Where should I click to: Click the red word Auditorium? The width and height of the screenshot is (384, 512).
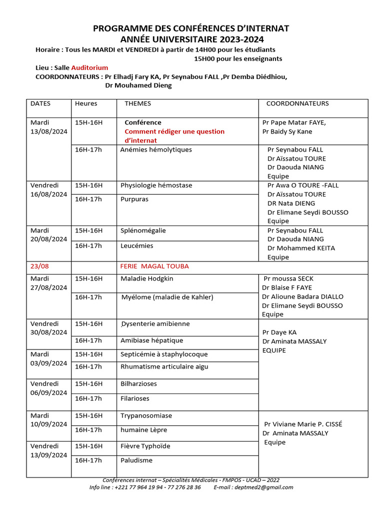coord(89,67)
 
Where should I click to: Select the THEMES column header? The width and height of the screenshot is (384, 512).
coord(137,103)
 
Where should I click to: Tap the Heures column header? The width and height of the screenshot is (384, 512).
coord(86,103)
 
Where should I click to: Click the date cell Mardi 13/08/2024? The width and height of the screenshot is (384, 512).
coord(49,127)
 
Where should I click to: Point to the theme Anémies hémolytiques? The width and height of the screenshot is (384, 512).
coord(156,149)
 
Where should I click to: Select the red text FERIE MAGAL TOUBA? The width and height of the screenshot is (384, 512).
coord(154,266)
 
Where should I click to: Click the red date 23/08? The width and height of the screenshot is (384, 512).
coord(40,266)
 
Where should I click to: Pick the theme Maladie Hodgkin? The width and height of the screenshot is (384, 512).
coord(147,278)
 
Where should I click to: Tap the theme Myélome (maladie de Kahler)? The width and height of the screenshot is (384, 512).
coord(167,297)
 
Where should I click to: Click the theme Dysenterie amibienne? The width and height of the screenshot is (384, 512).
coord(155,323)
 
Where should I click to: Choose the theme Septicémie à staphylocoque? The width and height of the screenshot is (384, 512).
coord(164,354)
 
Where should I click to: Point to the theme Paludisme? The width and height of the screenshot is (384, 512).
coord(136,460)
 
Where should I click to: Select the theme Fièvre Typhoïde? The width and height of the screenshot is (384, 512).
coord(145,446)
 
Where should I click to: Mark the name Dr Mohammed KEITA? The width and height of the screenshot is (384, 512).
coord(301,248)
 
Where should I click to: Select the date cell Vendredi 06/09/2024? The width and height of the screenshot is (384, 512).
coord(49,388)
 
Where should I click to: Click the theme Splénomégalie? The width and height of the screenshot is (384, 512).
coord(143,230)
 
